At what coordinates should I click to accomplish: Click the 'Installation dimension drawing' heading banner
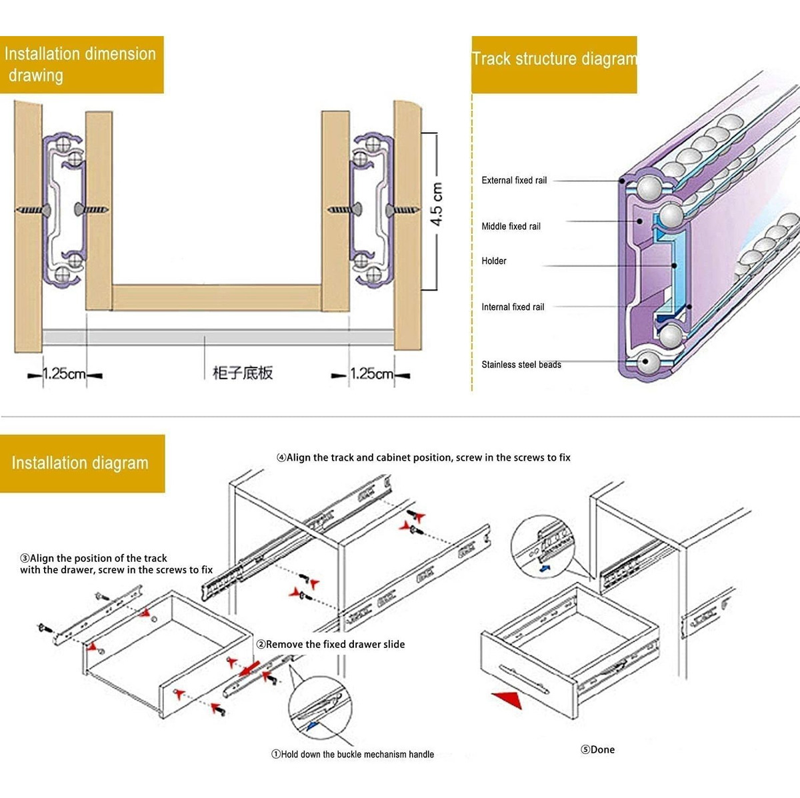pos(81,65)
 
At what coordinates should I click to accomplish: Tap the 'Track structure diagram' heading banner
pos(554,65)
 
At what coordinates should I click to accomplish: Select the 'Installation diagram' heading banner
pos(82,463)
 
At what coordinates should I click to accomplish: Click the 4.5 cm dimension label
pos(436,204)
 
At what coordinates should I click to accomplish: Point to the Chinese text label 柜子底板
pos(243,373)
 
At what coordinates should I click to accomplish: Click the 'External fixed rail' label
pos(514,180)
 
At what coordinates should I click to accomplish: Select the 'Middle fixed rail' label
pos(511,226)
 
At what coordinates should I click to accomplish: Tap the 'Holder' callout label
pos(493,261)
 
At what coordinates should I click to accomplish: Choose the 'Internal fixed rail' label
pos(513,307)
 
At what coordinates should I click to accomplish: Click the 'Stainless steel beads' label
pos(521,365)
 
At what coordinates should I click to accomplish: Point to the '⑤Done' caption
pos(597,749)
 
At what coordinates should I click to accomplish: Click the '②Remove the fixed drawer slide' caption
pos(331,644)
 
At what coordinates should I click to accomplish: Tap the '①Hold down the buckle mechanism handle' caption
pos(353,754)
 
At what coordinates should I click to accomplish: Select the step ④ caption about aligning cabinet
pos(423,457)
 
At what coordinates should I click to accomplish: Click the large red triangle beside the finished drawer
pos(507,699)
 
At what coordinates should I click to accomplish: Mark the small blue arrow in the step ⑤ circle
pos(545,569)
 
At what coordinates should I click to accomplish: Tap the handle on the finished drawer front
pos(524,679)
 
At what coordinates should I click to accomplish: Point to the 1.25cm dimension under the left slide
pos(64,374)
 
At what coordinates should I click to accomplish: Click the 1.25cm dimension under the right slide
pos(371,374)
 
